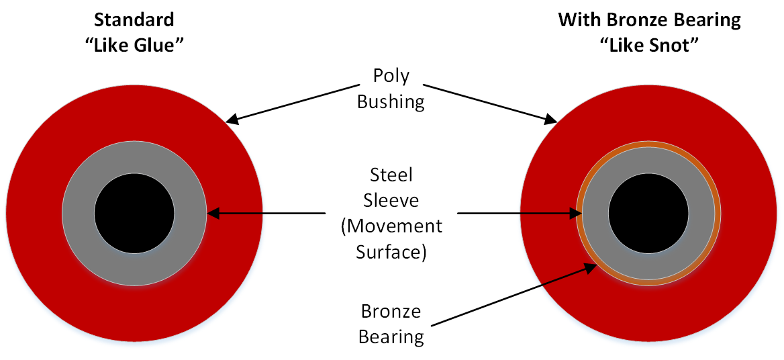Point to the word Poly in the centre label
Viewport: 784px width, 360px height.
pyautogui.click(x=391, y=75)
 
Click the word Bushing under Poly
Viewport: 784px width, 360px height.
pyautogui.click(x=391, y=101)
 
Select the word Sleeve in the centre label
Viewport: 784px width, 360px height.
pyautogui.click(x=391, y=200)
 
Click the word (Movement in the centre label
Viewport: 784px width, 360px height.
pyautogui.click(x=391, y=226)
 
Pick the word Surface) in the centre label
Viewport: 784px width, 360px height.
pyautogui.click(x=391, y=251)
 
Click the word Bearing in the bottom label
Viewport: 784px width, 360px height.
pyautogui.click(x=391, y=336)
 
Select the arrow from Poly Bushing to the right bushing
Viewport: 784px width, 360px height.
pyautogui.click(x=490, y=103)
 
